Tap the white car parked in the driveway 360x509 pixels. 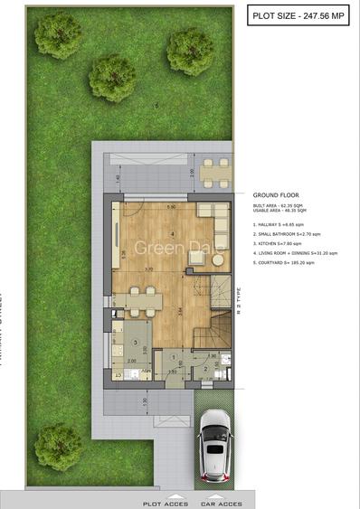click(214, 446)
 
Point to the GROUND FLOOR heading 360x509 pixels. click(276, 194)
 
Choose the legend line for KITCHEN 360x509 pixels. click(276, 243)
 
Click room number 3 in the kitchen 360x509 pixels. click(135, 344)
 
